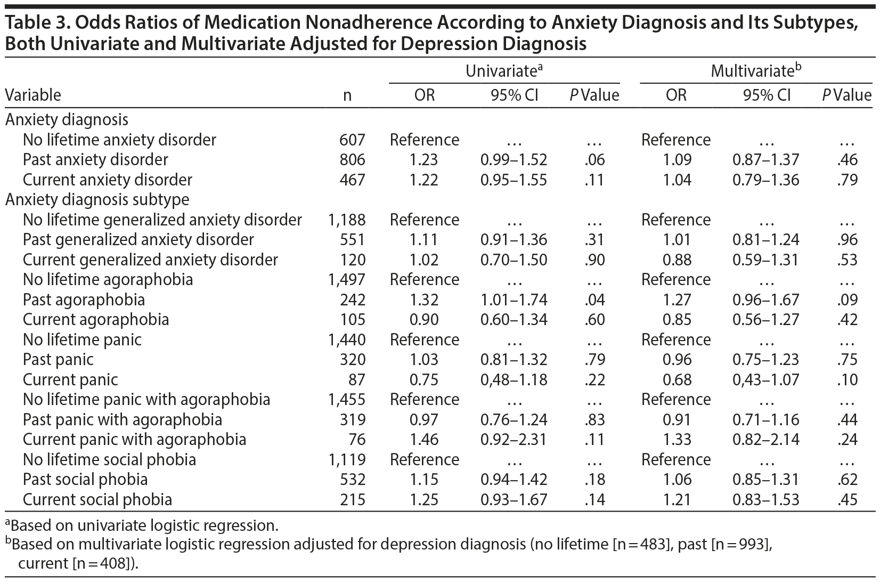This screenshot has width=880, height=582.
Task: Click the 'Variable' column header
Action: [x=33, y=95]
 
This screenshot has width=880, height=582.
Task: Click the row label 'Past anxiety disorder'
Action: [x=95, y=160]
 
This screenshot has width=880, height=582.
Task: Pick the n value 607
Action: [x=352, y=140]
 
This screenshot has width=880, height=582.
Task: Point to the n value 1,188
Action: [x=347, y=220]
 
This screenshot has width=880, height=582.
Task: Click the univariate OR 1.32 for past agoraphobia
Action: [x=424, y=300]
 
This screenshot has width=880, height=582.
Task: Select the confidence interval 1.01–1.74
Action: [x=514, y=300]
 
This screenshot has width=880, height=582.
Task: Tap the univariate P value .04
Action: [x=594, y=300]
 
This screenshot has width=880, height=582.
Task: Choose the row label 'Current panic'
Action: [x=70, y=379]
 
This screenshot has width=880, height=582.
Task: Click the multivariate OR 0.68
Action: [x=677, y=379]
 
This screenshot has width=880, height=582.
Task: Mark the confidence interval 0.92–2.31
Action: [x=514, y=440]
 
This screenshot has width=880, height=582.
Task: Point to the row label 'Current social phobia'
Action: [x=97, y=499]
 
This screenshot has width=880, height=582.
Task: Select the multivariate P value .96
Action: [x=847, y=240]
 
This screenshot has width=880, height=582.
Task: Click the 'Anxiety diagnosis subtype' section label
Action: [x=97, y=200]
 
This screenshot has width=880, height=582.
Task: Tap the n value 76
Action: [x=356, y=440]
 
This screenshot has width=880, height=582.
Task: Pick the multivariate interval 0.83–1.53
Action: [x=765, y=499]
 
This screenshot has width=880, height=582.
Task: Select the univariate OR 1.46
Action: [x=424, y=440]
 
